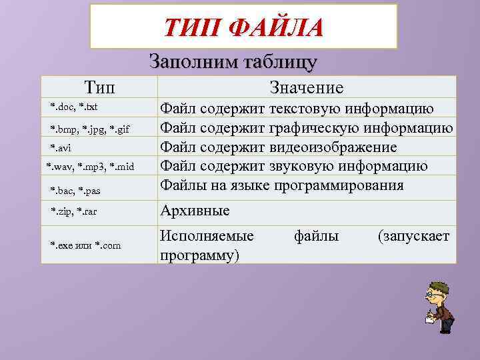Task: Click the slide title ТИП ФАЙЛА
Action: (x=243, y=28)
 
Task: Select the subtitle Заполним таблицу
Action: (x=233, y=62)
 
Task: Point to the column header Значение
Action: (x=307, y=87)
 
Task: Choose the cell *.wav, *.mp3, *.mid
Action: (x=90, y=166)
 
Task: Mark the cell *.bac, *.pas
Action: (x=77, y=191)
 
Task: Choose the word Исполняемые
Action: (x=207, y=235)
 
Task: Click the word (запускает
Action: (x=414, y=235)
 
